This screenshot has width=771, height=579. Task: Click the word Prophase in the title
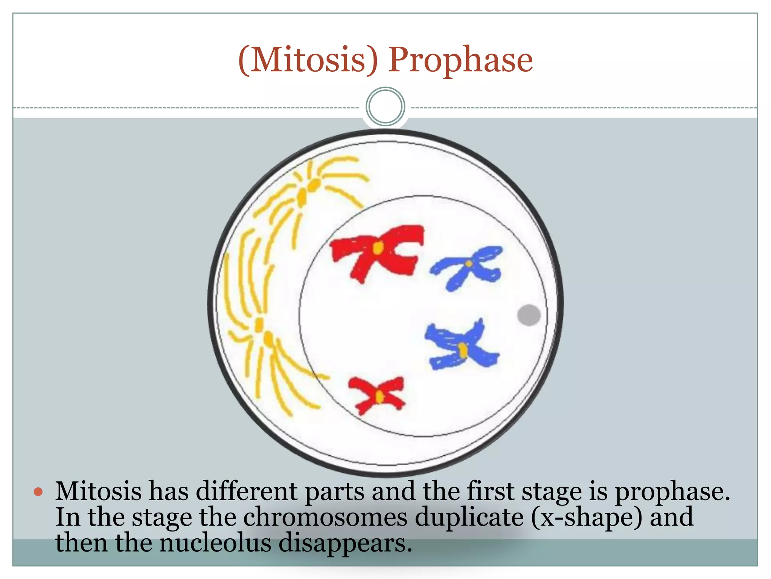tap(460, 60)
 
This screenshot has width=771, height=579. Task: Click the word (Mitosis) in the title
tap(308, 60)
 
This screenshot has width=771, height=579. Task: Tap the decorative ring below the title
tap(385, 107)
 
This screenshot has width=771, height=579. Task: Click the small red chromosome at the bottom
tap(378, 395)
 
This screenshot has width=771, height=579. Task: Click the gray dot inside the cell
tap(529, 315)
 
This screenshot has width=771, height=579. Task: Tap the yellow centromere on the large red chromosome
tap(378, 248)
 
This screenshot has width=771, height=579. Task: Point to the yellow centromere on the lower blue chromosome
tap(463, 350)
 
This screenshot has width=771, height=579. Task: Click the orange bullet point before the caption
tap(38, 492)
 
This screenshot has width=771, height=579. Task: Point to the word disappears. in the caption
tap(345, 544)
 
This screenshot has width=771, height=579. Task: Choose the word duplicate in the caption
tap(469, 518)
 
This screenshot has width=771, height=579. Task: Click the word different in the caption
tap(247, 492)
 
